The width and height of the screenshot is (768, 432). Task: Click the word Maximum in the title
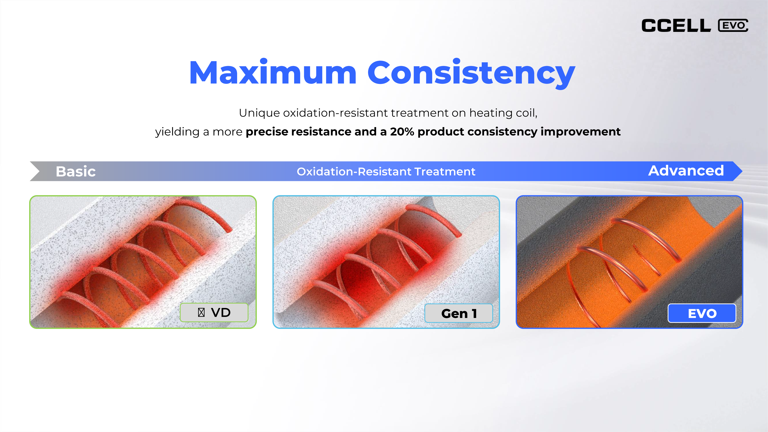[273, 72]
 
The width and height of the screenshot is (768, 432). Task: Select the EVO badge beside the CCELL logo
[733, 25]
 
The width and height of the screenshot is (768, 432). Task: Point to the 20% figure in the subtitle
[402, 132]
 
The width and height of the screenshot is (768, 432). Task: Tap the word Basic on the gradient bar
[76, 171]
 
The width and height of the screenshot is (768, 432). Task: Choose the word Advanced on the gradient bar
[686, 170]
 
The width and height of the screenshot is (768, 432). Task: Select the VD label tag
[214, 312]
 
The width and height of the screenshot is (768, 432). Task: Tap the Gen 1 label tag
[458, 313]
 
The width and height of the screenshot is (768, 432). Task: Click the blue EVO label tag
[702, 313]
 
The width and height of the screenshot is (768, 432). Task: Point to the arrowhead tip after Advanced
[742, 171]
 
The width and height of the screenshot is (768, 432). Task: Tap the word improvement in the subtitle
[580, 132]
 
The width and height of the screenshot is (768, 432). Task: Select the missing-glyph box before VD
[201, 312]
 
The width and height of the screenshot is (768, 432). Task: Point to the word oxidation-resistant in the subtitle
[335, 113]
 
